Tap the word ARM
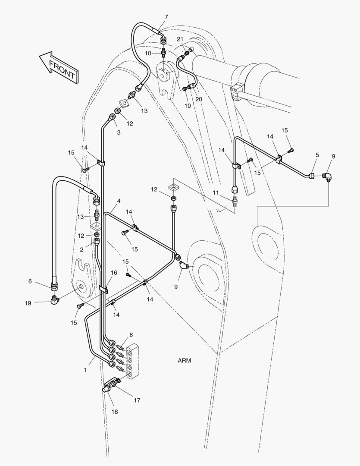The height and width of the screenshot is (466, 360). (x=184, y=360)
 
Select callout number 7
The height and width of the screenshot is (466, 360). (x=166, y=17)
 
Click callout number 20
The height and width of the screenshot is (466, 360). (x=199, y=99)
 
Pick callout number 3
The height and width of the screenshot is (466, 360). (x=119, y=132)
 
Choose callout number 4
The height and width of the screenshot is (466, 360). (x=119, y=201)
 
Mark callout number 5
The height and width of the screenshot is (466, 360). (x=317, y=154)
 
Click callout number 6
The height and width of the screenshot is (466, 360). (x=30, y=281)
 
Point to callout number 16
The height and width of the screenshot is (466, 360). (x=114, y=273)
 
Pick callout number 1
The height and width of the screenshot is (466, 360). (x=85, y=370)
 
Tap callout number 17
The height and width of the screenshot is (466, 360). (x=137, y=400)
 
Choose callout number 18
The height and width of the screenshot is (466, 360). (x=115, y=412)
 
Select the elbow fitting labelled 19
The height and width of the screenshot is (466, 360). (x=55, y=299)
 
